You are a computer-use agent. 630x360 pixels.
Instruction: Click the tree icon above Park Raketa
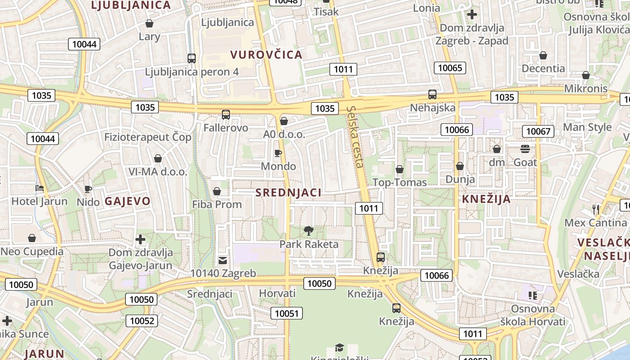pyautogui.click(x=309, y=231)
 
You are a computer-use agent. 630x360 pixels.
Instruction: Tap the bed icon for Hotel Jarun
pyautogui.click(x=40, y=188)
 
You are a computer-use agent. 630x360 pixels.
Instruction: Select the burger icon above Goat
pyautogui.click(x=525, y=149)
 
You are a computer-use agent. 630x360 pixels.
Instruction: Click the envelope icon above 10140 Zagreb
pyautogui.click(x=223, y=260)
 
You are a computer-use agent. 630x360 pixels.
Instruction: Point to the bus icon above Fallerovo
pyautogui.click(x=226, y=115)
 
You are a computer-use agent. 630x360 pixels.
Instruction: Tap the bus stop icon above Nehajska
pyautogui.click(x=432, y=94)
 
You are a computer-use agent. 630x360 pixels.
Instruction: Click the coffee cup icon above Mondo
pyautogui.click(x=278, y=153)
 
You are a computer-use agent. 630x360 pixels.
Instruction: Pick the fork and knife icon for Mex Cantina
pyautogui.click(x=596, y=209)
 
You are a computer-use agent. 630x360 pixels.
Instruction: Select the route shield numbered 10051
pyautogui.click(x=287, y=313)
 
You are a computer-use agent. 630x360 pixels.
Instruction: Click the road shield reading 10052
pyautogui.click(x=142, y=321)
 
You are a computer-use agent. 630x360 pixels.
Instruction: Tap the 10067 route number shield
pyautogui.click(x=538, y=131)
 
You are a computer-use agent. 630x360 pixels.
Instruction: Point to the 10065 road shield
pyautogui.click(x=450, y=68)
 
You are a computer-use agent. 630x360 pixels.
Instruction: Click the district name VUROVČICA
pyautogui.click(x=266, y=55)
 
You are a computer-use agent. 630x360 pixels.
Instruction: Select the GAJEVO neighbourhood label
pyautogui.click(x=127, y=201)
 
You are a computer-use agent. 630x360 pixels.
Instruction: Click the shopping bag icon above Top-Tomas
pyautogui.click(x=399, y=170)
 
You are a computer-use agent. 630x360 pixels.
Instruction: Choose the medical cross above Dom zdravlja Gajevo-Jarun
pyautogui.click(x=140, y=239)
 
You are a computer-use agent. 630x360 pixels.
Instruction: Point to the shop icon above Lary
pyautogui.click(x=149, y=23)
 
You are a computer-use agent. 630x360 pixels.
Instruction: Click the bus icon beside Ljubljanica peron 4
pyautogui.click(x=192, y=58)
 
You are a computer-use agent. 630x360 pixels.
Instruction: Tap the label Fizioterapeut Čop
pyautogui.click(x=148, y=137)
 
